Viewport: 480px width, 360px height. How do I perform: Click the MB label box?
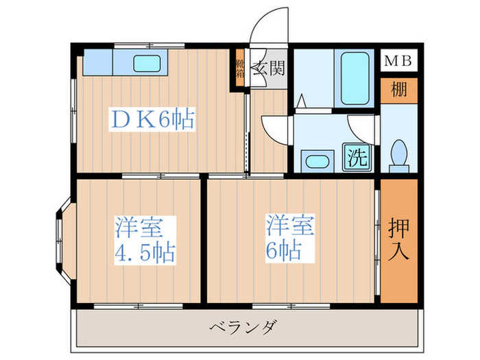[398, 60]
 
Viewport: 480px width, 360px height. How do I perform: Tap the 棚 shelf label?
[398, 90]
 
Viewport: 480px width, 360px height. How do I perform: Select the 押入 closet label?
[398, 239]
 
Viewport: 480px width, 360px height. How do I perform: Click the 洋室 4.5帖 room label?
[145, 239]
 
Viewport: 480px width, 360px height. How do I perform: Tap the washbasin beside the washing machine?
[317, 162]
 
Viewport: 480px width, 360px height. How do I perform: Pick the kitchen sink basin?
[147, 63]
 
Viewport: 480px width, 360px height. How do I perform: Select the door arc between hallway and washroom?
[278, 128]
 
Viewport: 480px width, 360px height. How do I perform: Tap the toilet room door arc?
[362, 128]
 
